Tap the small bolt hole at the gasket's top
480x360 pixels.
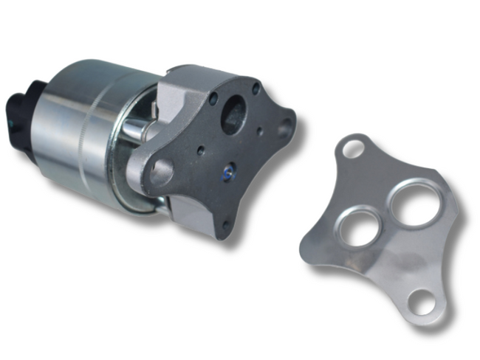pos(354,148)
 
